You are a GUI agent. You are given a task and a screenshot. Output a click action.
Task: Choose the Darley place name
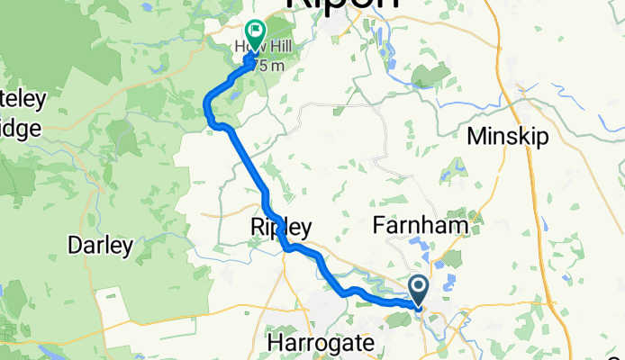[101, 245]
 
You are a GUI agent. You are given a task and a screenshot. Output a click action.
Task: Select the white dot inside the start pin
[420, 287]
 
